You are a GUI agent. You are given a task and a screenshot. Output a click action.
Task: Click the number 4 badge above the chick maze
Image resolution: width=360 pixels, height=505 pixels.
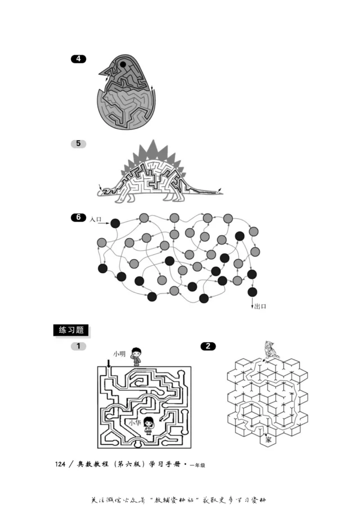78,58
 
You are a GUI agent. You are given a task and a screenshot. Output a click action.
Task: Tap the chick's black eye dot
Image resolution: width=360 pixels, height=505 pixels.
123,65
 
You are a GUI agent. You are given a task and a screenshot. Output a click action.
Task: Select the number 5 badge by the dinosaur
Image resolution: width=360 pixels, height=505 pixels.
78,143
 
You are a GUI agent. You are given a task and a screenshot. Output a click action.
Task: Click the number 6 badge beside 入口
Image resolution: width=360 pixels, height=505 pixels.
78,218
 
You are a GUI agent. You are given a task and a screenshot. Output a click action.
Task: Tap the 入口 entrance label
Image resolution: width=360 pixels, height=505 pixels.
96,219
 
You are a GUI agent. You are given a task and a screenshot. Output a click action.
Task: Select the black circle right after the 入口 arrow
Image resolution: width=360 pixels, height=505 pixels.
115,223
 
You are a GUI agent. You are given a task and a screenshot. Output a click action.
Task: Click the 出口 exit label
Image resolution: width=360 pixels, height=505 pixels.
261,306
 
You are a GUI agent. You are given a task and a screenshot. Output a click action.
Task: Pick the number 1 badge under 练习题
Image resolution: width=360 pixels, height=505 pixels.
78,346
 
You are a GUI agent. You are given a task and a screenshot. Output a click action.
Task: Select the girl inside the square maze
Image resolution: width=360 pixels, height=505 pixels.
149,425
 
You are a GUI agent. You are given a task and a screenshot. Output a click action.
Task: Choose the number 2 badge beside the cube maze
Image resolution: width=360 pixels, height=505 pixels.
208,346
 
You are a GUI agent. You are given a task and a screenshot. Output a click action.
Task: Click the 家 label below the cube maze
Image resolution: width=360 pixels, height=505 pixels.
268,440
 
